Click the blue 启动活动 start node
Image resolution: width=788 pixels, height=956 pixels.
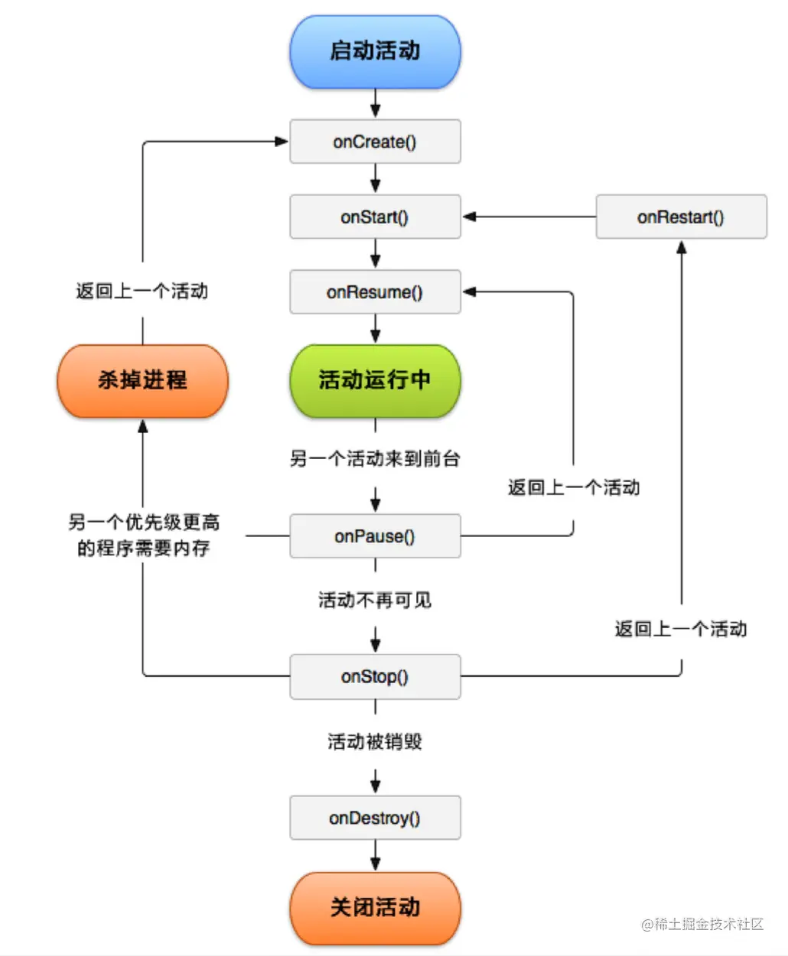point(375,52)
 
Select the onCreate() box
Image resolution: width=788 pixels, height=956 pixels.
point(375,141)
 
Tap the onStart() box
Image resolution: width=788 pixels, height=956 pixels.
point(375,217)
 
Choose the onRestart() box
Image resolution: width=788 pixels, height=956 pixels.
point(681,217)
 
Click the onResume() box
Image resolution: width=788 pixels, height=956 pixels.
point(375,292)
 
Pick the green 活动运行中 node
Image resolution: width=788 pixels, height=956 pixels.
point(375,380)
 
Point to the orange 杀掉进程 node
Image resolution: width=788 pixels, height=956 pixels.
point(142,380)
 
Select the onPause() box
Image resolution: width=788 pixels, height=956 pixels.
point(375,536)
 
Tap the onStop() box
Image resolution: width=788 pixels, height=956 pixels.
point(375,677)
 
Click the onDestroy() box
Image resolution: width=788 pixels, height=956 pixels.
point(375,818)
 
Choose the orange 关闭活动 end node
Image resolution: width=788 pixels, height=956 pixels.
point(375,908)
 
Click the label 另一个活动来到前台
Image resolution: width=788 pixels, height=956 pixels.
point(375,459)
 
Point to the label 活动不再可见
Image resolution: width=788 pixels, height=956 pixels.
point(375,600)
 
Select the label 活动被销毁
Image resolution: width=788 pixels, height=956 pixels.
point(375,742)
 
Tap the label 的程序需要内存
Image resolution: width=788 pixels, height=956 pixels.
point(143,548)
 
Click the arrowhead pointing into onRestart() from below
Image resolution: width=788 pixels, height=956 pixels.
point(681,247)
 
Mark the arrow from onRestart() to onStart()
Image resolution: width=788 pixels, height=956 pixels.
point(528,217)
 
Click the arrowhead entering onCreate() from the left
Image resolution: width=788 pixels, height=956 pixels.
point(281,141)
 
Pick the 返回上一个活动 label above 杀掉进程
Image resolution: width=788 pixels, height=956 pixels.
point(142,291)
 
